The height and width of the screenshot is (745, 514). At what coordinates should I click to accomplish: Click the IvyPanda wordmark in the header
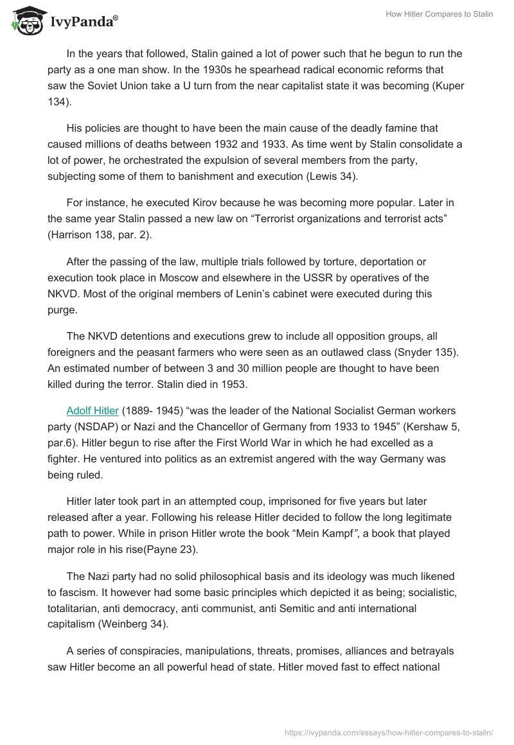[x=84, y=23]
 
